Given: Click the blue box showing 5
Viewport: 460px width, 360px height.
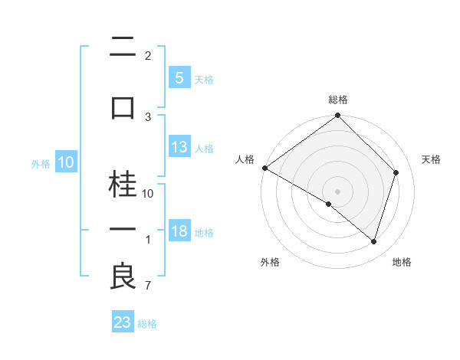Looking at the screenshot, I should [178, 77].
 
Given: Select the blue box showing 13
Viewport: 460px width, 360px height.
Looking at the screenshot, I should [179, 147].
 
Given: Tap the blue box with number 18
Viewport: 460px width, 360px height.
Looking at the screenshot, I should [179, 231].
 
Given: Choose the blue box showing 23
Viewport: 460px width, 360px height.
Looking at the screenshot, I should [123, 322].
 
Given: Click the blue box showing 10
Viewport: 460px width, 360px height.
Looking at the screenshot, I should [66, 162].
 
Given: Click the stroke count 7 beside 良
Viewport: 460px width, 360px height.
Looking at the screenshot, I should [147, 286].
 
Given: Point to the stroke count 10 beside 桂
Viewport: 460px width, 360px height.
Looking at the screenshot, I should [148, 194].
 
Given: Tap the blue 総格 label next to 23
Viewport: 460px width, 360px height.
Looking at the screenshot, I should [147, 323].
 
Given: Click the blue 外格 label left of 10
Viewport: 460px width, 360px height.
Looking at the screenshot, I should [40, 163].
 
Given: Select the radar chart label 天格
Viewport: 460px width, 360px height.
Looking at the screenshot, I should [431, 159].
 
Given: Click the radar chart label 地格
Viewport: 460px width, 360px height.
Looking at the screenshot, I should [402, 262].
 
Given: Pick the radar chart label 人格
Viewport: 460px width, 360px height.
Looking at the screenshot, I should [245, 159].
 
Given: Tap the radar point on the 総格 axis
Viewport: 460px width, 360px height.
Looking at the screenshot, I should [337, 116].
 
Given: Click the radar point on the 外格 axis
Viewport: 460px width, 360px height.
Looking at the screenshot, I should [329, 204].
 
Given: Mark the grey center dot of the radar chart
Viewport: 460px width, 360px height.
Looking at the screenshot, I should [337, 191].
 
